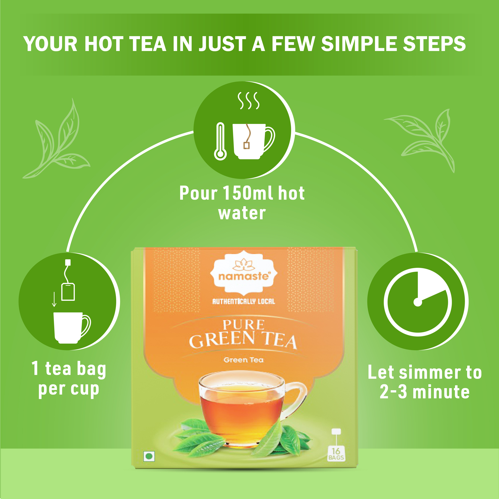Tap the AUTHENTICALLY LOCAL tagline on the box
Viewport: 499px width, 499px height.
click(244, 301)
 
